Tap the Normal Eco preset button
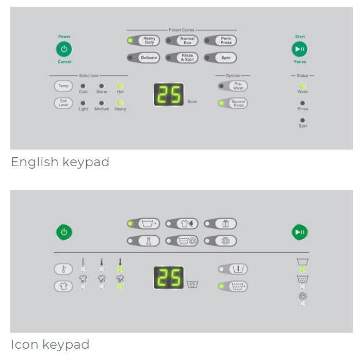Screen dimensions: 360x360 coord(187,41)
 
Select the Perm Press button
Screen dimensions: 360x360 coord(226,41)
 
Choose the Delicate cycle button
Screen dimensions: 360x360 coord(149,58)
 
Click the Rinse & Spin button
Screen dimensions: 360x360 coord(187,58)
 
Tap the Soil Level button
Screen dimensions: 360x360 coord(63,103)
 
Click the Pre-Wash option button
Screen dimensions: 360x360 coord(238,86)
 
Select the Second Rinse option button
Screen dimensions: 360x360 coord(238,103)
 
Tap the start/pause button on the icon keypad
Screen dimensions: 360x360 coord(300,232)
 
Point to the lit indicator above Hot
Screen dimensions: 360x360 coord(120,86)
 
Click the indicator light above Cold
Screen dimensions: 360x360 coord(83,86)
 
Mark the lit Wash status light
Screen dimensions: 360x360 coord(303,86)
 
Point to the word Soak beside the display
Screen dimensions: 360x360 coord(192,102)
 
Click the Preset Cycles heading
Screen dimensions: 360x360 coord(182,30)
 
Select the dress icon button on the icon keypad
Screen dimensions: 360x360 coord(149,241)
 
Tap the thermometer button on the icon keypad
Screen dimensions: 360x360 coord(63,269)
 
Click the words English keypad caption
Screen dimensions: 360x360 coord(60,162)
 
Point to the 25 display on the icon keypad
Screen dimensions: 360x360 coord(169,277)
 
